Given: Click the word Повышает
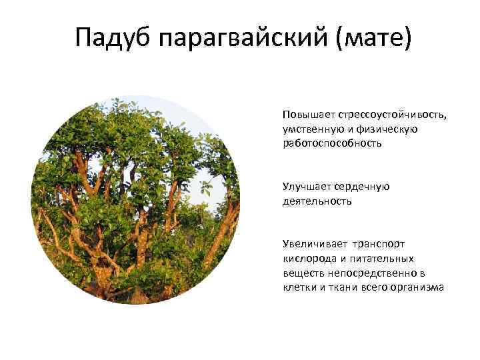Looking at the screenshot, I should click(x=305, y=115).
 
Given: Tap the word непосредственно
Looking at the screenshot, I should click(x=371, y=273).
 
